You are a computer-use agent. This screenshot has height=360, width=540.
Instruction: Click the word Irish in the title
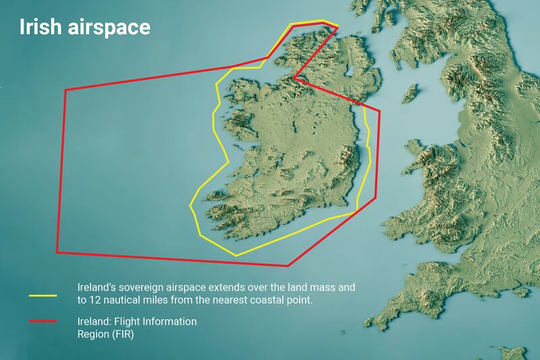tap(40, 28)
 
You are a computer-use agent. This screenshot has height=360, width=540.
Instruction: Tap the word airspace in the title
tap(108, 29)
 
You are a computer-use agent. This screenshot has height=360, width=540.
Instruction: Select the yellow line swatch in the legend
tap(43, 295)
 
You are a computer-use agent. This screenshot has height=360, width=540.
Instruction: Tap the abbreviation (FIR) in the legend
tap(123, 334)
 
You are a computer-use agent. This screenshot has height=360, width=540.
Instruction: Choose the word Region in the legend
tap(91, 334)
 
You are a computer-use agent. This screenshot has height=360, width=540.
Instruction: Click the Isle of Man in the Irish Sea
tap(410, 93)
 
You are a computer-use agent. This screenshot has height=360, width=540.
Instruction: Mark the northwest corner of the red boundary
tap(65, 89)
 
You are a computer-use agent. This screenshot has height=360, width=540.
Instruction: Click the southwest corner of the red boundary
tap(57, 253)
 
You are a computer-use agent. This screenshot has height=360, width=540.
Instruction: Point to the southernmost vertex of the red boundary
tap(288, 265)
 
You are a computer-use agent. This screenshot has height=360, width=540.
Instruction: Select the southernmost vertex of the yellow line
tap(236, 255)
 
